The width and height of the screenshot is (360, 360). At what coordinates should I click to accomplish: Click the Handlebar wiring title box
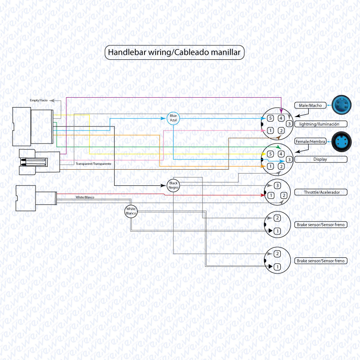(x=175, y=53)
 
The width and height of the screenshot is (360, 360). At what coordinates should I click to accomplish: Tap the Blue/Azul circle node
(x=173, y=118)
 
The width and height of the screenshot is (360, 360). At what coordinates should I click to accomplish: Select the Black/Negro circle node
(x=173, y=185)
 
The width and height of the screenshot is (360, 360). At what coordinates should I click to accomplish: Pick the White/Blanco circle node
(x=131, y=211)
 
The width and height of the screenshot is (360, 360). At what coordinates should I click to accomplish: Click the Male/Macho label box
(x=310, y=105)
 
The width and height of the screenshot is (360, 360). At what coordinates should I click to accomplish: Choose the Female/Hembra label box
(x=310, y=141)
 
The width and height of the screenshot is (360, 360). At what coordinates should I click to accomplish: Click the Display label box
(x=321, y=159)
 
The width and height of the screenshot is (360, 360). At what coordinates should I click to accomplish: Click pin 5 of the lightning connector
(x=270, y=118)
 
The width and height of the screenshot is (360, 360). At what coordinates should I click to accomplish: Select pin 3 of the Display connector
(x=289, y=159)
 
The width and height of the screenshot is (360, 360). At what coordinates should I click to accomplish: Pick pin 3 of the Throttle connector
(x=277, y=185)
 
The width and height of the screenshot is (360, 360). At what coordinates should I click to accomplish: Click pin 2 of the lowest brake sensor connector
(x=277, y=254)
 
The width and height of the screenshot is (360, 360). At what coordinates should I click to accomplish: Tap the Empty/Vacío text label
(x=39, y=100)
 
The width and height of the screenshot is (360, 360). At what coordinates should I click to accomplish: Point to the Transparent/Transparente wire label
(x=94, y=164)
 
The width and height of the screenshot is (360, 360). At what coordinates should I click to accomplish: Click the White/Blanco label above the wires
(x=85, y=197)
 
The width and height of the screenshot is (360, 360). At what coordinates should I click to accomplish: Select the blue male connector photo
(x=342, y=105)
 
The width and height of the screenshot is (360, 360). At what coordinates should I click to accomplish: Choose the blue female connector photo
(x=342, y=141)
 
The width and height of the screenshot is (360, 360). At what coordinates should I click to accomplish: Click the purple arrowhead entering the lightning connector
(x=281, y=111)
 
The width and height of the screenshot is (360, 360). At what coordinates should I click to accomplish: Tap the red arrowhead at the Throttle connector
(x=263, y=195)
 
